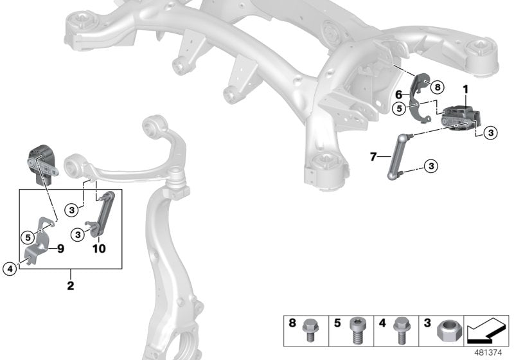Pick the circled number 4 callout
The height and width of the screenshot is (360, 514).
coord(10,269)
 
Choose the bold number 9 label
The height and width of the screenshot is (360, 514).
coord(61,247)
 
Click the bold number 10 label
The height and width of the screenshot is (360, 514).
coord(99,248)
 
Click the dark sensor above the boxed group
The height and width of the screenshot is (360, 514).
coord(40,165)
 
